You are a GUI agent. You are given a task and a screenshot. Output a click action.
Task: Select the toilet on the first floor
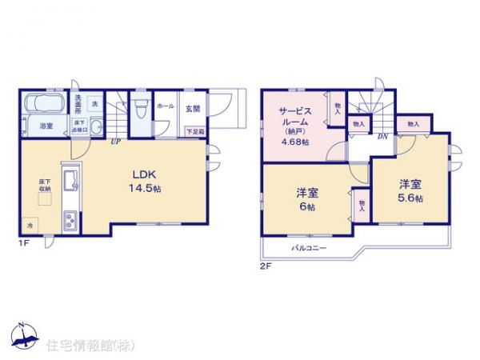(x=140, y=108)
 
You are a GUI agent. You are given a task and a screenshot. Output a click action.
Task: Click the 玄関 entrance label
(x=193, y=106)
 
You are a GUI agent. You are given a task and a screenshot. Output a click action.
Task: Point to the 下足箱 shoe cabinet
(x=194, y=131)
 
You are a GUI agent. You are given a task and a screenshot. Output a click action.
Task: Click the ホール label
(x=166, y=106)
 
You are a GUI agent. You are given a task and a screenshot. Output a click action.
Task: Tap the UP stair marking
(x=117, y=142)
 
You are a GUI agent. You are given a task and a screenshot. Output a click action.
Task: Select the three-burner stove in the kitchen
(x=68, y=217)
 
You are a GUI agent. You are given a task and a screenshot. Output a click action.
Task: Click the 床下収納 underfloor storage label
(x=43, y=186)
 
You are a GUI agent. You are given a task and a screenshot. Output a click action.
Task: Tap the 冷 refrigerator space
(x=30, y=226)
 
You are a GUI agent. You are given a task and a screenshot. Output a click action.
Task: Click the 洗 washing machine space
(x=94, y=105)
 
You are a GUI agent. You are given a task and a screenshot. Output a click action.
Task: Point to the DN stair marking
(x=383, y=137)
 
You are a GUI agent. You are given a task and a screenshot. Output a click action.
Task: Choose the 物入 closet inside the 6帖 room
(x=362, y=206)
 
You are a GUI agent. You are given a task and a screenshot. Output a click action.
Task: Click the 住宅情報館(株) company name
(x=80, y=346)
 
